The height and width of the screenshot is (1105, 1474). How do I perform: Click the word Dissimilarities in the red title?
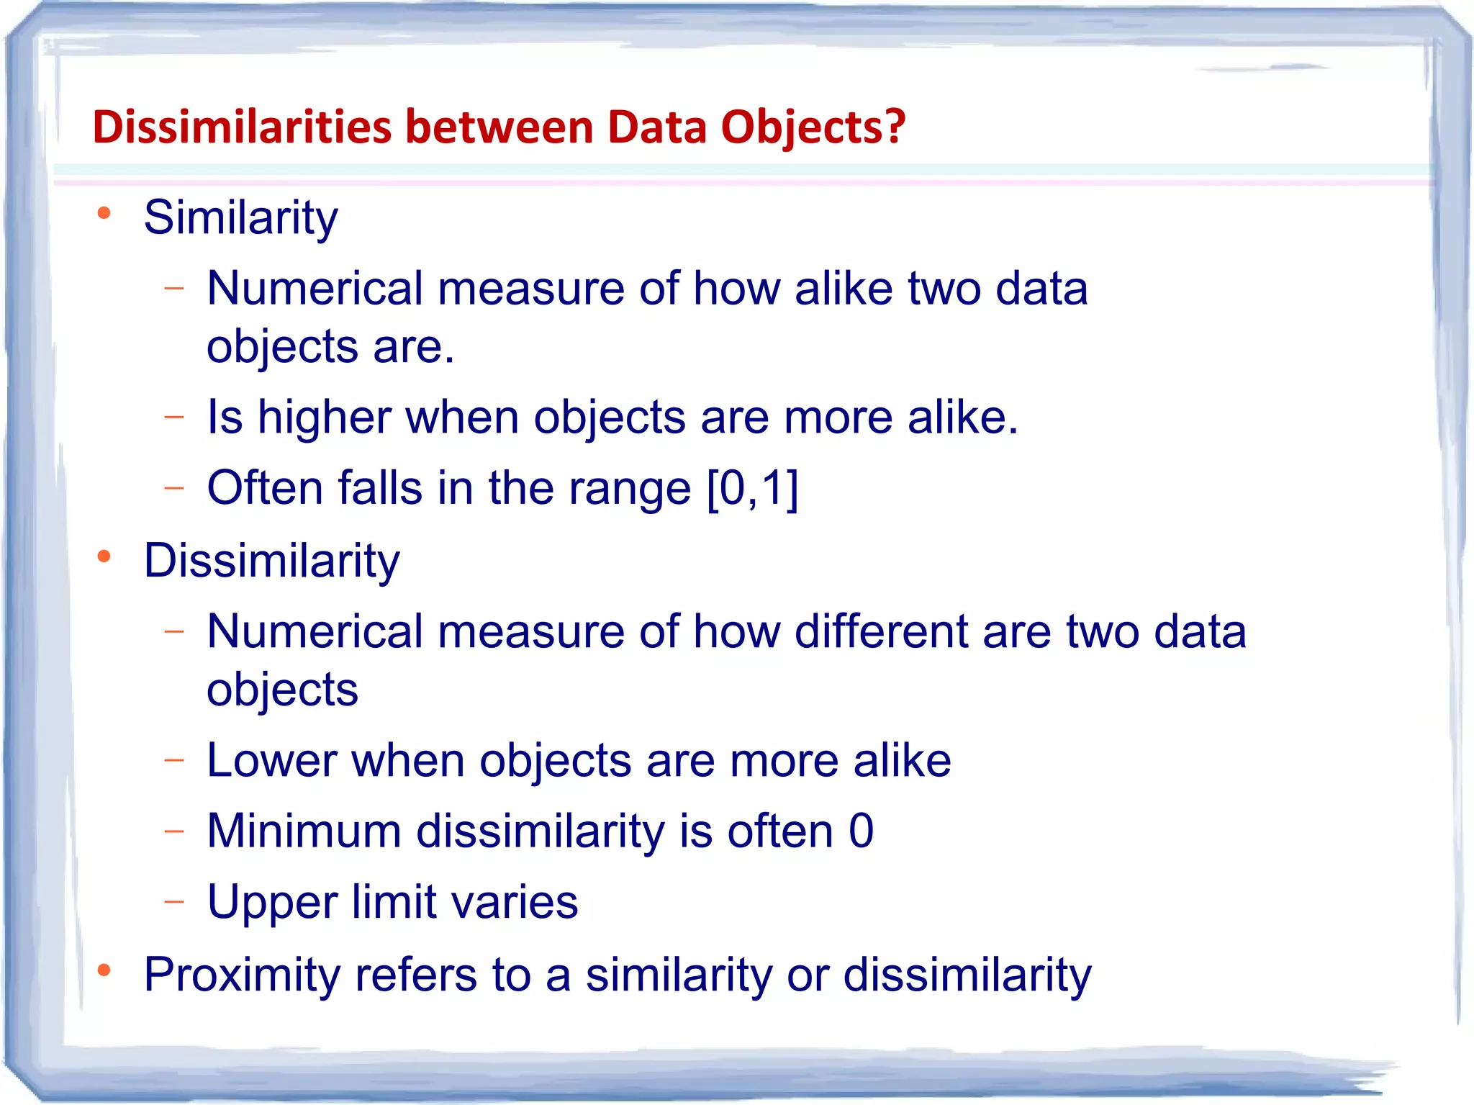point(242,127)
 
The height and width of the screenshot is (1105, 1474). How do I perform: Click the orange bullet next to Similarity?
point(104,212)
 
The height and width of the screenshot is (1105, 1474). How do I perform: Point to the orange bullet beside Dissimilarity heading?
point(104,556)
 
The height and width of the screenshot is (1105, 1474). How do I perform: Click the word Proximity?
point(242,975)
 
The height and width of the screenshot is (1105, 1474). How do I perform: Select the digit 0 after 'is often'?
point(861,831)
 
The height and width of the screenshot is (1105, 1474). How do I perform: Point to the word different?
point(881,631)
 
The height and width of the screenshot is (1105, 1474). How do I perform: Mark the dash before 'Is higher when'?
point(174,416)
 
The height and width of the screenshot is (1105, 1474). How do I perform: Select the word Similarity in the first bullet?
point(240,217)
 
